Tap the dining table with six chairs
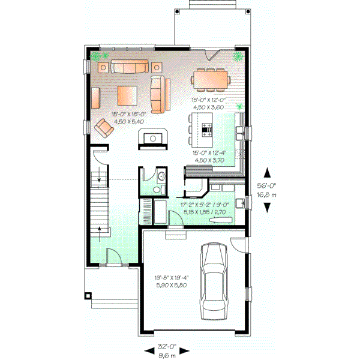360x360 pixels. [x=210, y=79]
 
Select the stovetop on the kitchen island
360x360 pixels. [x=207, y=128]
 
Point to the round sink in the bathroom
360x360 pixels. [x=161, y=176]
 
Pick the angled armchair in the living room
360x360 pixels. [x=105, y=127]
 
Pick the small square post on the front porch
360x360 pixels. [x=89, y=296]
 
